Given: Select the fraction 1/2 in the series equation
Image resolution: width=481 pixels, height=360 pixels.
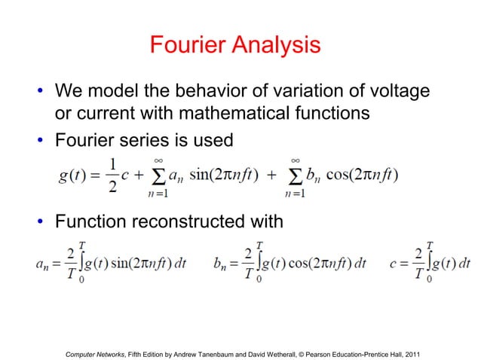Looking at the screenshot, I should pyautogui.click(x=112, y=175).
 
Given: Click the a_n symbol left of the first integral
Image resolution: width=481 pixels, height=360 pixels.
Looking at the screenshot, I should pyautogui.click(x=43, y=264).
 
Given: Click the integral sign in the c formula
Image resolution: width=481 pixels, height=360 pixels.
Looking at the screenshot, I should pyautogui.click(x=430, y=263).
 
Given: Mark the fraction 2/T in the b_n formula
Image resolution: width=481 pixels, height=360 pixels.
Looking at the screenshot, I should pyautogui.click(x=247, y=264).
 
